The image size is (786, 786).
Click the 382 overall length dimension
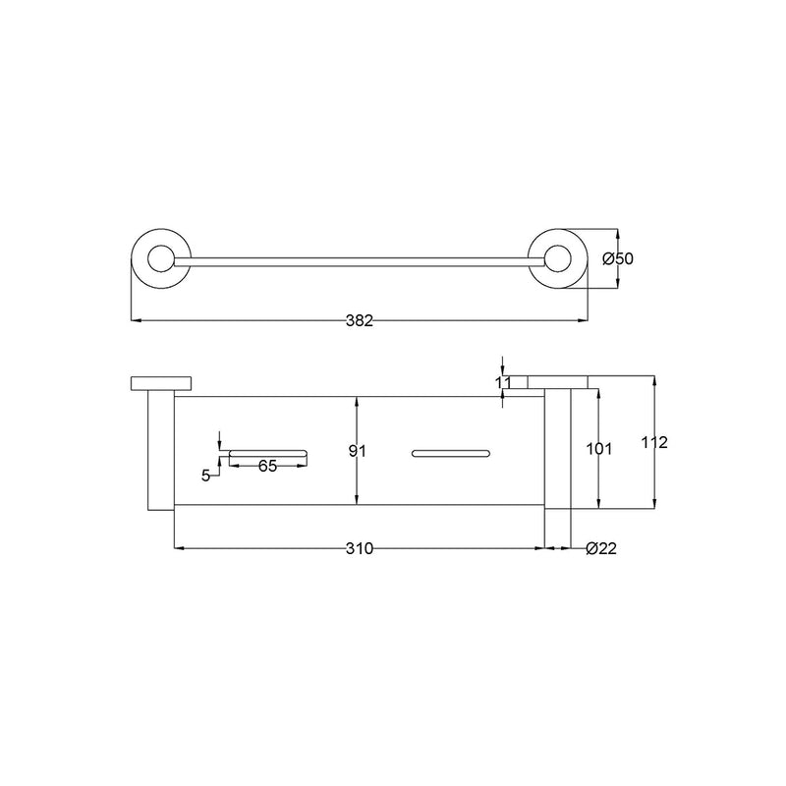click(360, 320)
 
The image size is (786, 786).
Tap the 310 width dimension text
click(360, 548)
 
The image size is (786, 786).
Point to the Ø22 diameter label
click(600, 548)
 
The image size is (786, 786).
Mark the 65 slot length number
click(267, 466)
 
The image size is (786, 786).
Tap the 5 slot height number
click(205, 476)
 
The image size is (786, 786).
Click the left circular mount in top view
click(156, 259)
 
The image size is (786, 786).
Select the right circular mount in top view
click(558, 259)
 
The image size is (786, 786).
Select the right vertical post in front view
click(557, 450)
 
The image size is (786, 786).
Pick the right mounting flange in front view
click(558, 382)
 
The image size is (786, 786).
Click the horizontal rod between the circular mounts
click(360, 260)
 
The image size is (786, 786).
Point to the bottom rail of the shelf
click(360, 507)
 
